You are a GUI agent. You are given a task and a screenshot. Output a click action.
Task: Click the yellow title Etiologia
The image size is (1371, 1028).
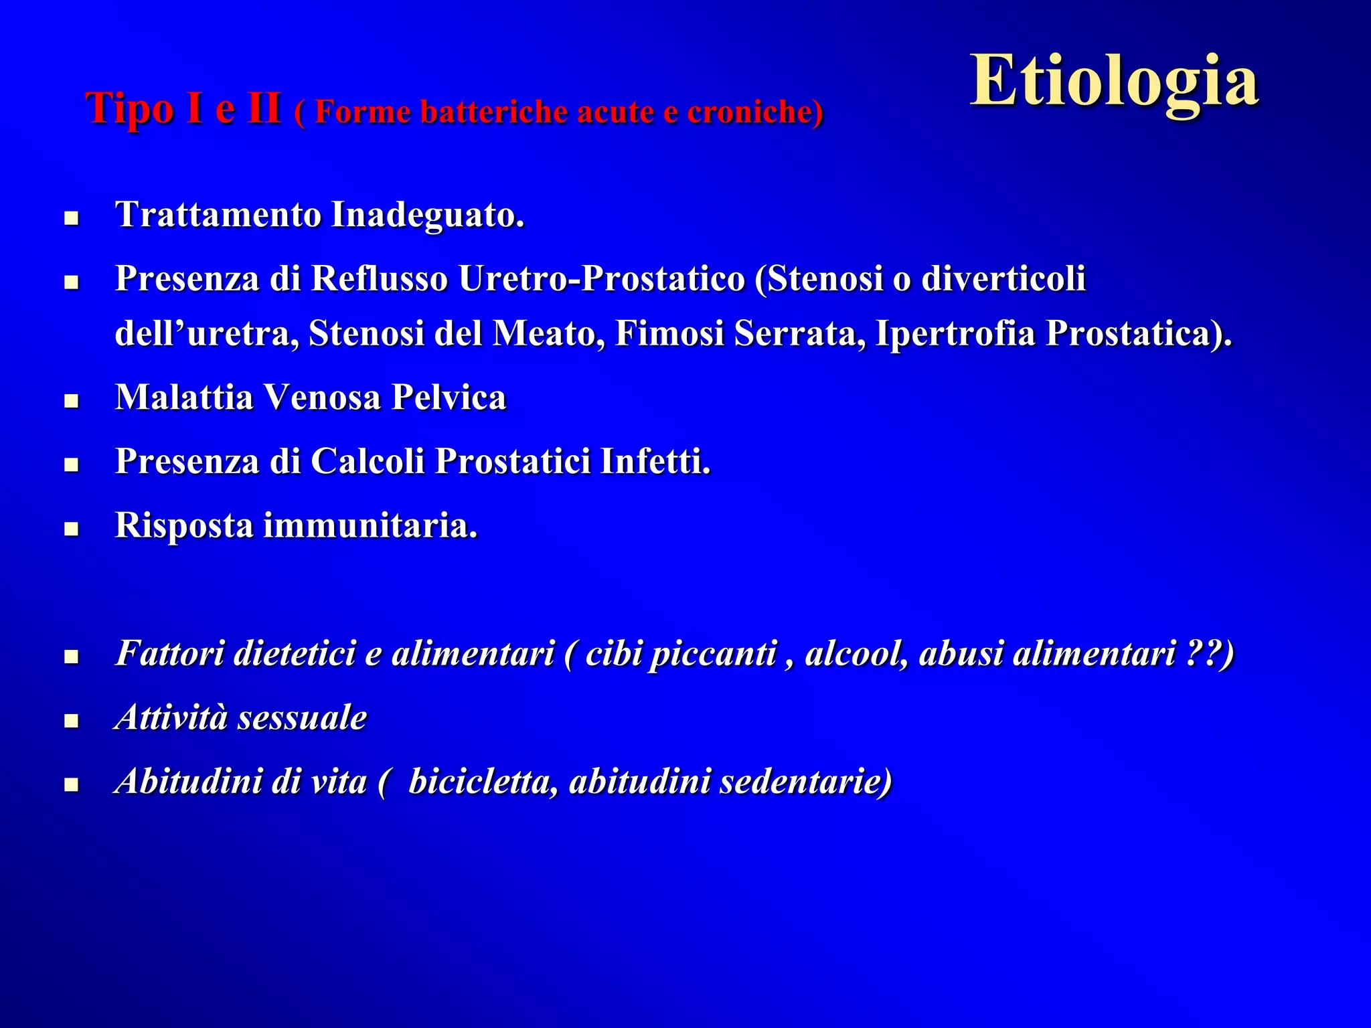tap(1114, 82)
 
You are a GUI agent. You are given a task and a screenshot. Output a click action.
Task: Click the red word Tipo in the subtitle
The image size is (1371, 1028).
tap(131, 109)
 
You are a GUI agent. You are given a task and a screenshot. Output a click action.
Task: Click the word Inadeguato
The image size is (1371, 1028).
tap(428, 215)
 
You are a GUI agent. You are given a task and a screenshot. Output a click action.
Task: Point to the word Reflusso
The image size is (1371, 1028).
tap(380, 278)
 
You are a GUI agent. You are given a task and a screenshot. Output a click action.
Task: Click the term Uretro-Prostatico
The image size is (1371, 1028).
tap(601, 278)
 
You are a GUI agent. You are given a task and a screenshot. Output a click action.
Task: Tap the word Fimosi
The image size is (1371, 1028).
tap(669, 333)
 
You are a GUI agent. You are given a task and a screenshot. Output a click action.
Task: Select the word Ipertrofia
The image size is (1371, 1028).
tap(955, 333)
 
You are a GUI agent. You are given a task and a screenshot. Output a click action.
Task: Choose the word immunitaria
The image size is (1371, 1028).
tap(370, 525)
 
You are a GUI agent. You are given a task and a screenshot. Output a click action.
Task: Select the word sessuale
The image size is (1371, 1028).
tap(302, 718)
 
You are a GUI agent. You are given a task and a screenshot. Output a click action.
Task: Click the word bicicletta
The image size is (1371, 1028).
tap(483, 782)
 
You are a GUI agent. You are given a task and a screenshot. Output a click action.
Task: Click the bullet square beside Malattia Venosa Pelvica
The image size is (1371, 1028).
tap(72, 401)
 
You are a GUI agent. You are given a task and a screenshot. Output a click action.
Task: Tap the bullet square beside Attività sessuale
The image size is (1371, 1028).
tap(72, 721)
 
